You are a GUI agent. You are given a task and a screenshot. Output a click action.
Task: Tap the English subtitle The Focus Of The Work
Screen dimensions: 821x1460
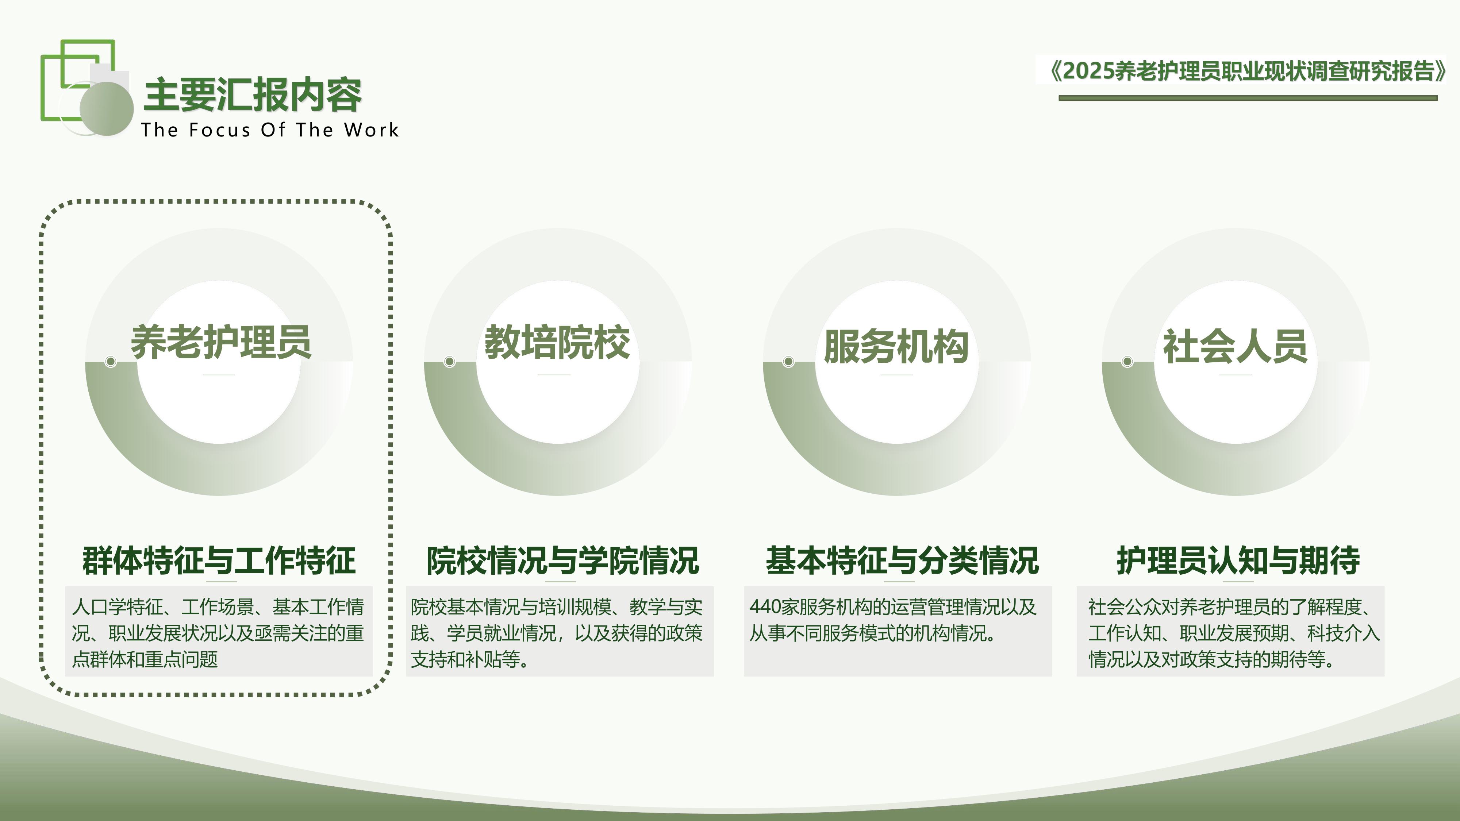270,130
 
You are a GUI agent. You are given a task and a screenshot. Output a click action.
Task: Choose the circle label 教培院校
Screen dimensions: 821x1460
557,342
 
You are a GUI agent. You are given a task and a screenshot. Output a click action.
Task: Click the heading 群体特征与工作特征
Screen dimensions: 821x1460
219,560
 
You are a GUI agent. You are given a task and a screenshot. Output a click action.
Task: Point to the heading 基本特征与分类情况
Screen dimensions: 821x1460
902,560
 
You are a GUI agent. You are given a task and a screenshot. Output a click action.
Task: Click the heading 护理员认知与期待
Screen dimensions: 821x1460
1238,560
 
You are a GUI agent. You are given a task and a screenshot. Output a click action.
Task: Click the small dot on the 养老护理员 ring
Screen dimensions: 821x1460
111,362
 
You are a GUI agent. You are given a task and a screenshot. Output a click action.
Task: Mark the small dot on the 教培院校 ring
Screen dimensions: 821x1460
449,362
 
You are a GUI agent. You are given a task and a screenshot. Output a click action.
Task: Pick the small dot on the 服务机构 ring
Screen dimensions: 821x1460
788,362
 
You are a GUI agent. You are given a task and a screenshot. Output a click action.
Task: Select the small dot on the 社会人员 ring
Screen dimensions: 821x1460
1127,362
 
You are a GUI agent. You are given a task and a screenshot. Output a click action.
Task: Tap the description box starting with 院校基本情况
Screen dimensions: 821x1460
560,632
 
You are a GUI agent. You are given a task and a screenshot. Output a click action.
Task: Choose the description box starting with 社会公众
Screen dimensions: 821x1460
1230,632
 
